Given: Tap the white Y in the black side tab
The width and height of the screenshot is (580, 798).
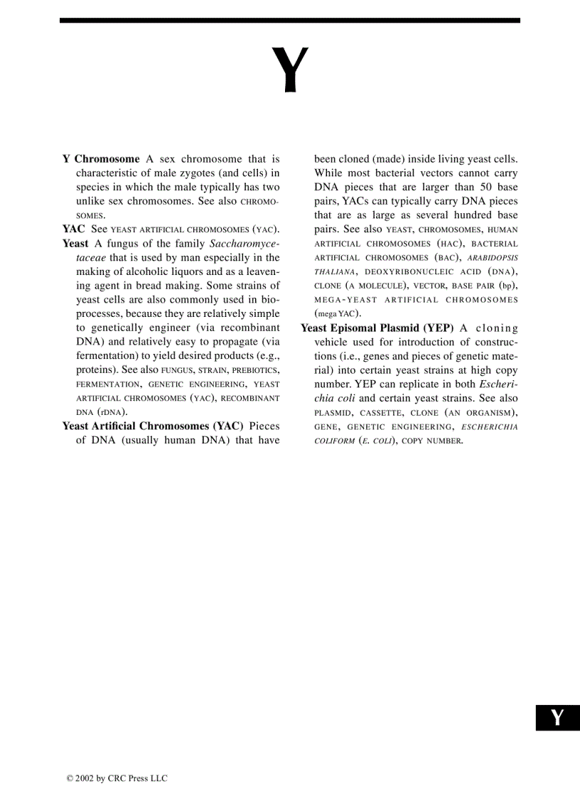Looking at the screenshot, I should [557, 718].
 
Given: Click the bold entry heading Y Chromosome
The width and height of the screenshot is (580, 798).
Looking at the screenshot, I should [101, 159].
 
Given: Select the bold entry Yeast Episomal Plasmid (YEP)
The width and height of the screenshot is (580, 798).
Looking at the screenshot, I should [377, 328].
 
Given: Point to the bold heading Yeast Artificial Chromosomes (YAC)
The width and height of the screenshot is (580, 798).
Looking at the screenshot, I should [153, 426].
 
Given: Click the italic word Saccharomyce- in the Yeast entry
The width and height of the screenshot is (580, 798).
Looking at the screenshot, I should [245, 244].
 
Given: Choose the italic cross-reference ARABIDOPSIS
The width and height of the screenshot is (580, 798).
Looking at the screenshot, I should [493, 258].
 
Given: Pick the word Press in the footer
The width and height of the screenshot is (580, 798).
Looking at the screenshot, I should [139, 779].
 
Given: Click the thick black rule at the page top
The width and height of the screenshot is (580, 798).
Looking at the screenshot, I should [290, 21].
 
